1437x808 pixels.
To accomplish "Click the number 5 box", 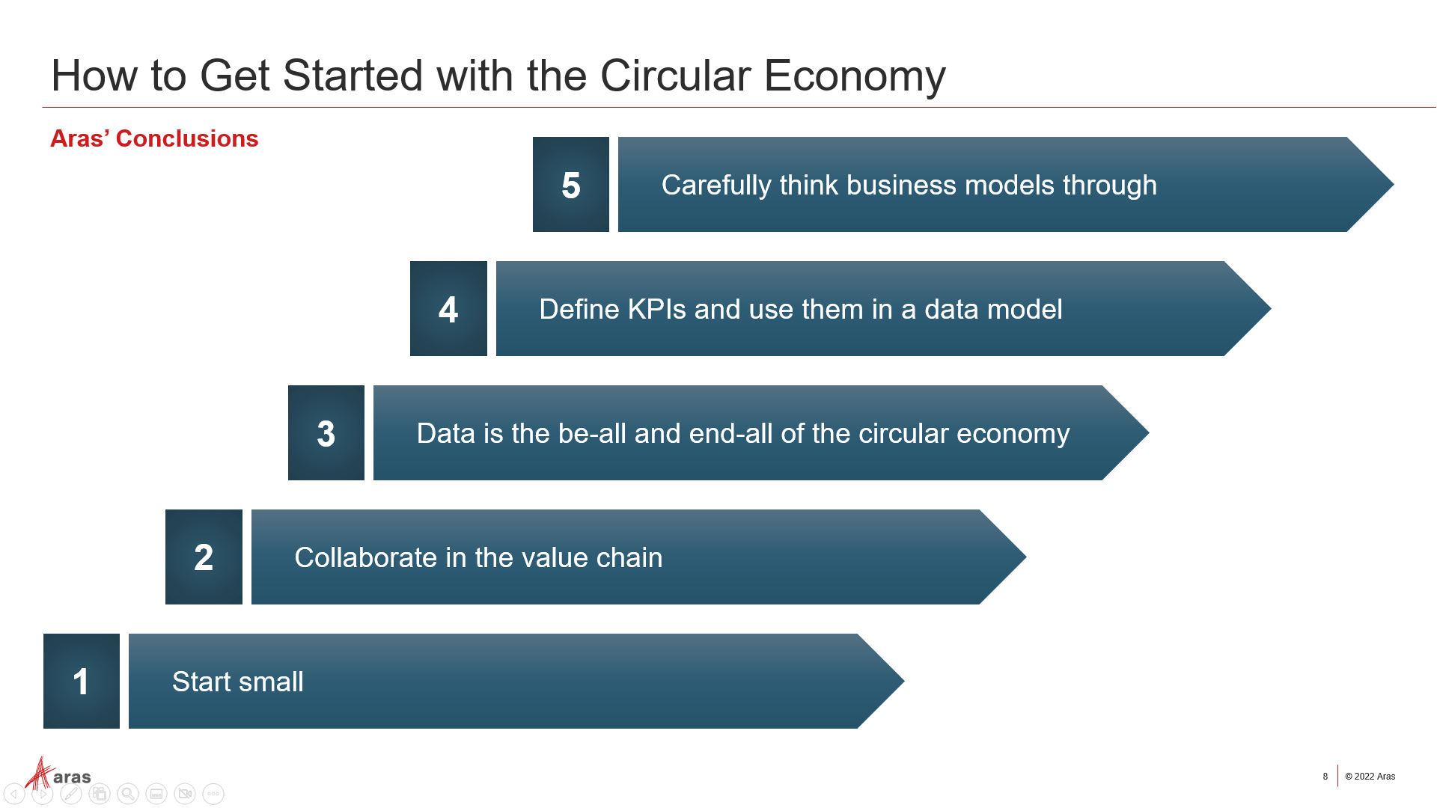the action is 570,184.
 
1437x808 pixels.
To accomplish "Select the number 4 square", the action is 448,308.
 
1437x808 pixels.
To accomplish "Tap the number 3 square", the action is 326,432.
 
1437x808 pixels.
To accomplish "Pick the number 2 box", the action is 204,557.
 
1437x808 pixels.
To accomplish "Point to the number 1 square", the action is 82,681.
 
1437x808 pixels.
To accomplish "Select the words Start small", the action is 238,682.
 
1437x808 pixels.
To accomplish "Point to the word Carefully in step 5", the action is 716,186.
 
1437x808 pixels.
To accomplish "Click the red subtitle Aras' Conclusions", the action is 154,138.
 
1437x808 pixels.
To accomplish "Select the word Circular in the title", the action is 675,76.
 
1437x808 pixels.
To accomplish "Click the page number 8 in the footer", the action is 1325,777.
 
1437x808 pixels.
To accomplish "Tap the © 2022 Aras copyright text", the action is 1370,777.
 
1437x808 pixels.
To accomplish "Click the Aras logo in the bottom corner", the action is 58,774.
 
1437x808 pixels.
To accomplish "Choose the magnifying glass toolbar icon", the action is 128,794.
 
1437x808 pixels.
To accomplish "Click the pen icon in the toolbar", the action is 71,794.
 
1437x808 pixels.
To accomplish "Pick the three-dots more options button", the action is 213,794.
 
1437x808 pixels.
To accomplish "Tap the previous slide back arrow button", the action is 14,794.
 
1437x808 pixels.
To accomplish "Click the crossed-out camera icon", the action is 185,794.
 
